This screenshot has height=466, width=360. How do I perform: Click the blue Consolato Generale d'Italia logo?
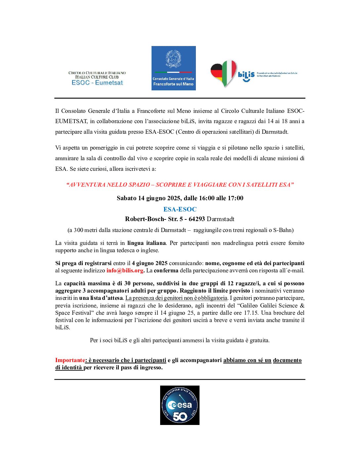pos(173,68)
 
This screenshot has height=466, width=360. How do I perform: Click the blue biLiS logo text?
pos(246,75)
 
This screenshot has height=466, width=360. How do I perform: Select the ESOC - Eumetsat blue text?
pos(97,83)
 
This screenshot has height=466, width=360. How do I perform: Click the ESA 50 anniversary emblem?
pos(180,405)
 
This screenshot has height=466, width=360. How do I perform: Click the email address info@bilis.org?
pos(125,270)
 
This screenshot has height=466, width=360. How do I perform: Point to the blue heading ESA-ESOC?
pos(180,209)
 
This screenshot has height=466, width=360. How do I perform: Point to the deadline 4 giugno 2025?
pos(150,263)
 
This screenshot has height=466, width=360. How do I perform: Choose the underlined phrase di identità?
pos(69,367)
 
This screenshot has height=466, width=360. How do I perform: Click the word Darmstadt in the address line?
pos(221,219)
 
